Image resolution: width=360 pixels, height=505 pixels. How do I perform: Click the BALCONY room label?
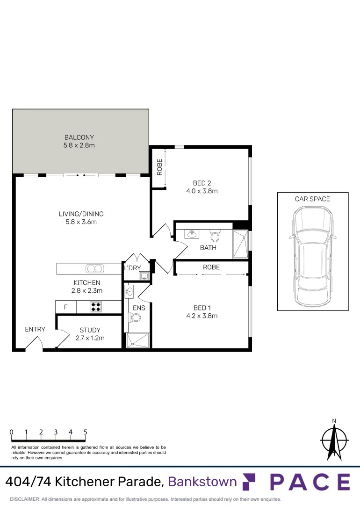click(79, 137)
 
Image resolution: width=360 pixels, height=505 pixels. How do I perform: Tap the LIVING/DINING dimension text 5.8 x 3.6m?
click(81, 222)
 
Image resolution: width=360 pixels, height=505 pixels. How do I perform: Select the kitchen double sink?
click(94, 268)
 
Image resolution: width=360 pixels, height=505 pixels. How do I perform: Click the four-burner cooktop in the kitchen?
click(96, 307)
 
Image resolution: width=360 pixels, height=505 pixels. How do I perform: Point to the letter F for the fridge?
click(65, 307)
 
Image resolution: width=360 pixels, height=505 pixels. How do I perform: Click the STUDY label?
click(90, 330)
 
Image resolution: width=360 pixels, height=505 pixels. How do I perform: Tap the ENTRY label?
click(35, 329)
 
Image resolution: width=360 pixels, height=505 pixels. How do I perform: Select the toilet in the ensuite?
click(136, 318)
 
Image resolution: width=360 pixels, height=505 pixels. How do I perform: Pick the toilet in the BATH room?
click(215, 234)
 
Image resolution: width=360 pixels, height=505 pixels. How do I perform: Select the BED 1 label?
click(202, 308)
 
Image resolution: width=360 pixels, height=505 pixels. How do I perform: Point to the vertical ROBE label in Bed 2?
click(159, 167)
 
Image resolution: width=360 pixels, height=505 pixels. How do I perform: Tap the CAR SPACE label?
click(312, 199)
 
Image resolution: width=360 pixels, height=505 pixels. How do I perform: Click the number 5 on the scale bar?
click(86, 432)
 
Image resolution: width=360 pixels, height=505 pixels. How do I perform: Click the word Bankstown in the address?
click(202, 481)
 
